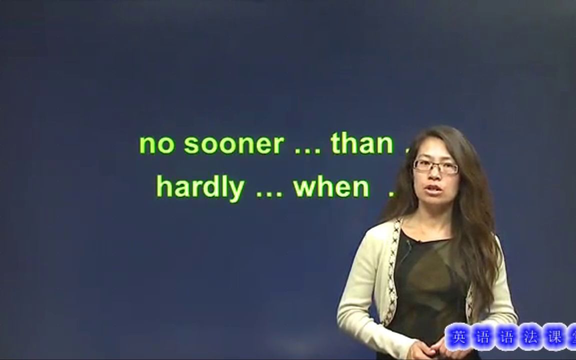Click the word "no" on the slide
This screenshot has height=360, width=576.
click(156, 144)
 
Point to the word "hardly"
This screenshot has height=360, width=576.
click(200, 187)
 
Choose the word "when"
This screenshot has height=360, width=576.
click(331, 187)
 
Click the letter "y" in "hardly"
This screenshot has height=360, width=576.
click(238, 190)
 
